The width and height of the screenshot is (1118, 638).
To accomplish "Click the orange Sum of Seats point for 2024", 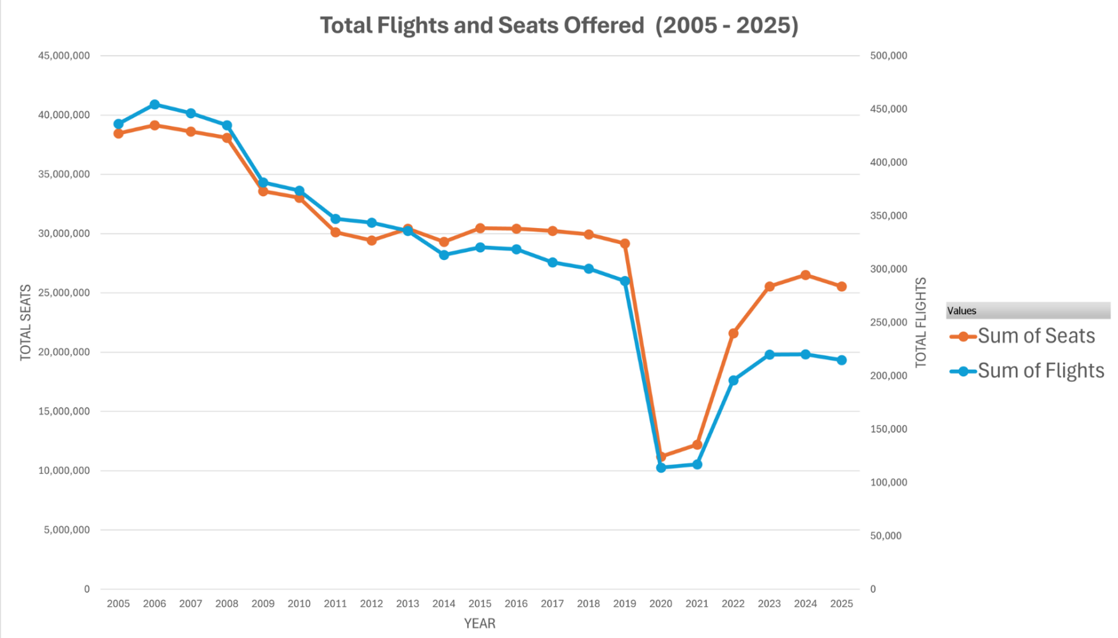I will [806, 275].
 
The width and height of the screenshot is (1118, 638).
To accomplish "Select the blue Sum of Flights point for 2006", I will [155, 104].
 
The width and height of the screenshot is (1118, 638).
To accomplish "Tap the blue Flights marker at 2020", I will [661, 467].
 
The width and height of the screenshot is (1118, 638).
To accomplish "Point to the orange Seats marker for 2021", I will [697, 444].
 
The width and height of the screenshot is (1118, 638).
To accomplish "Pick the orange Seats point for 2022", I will [733, 333].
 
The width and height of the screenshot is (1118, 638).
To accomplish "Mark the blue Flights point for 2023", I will [769, 354].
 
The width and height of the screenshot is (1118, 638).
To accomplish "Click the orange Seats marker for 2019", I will [625, 243].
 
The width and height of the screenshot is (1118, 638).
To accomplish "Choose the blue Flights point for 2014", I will [444, 255].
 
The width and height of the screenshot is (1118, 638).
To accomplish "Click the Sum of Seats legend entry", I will [1036, 336].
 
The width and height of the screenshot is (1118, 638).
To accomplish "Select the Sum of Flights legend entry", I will [1040, 371].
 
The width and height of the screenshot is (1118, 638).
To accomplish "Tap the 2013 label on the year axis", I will [408, 604].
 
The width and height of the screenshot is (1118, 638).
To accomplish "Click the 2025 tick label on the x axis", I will [841, 604].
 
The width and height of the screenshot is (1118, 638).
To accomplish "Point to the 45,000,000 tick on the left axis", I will [64, 56].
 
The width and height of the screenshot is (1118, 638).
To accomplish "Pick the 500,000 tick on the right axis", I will [889, 56].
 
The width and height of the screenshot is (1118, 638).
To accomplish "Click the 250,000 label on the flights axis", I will [889, 323].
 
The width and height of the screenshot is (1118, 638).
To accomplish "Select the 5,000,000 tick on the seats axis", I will [66, 530].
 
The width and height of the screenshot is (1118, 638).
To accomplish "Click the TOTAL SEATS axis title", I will [26, 323].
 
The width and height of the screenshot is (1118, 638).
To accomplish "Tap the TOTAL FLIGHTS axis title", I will [921, 323].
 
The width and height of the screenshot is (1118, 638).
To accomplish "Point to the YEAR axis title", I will [480, 623].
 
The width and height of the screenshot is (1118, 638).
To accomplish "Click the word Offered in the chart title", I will [603, 26].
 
